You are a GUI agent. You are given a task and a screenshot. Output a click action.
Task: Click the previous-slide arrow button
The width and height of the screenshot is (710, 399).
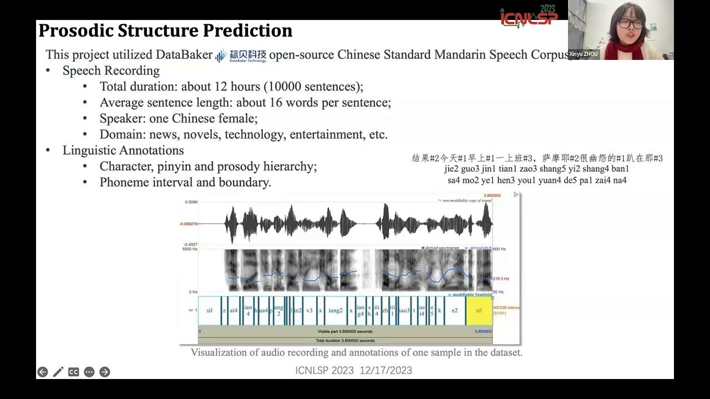(42, 372)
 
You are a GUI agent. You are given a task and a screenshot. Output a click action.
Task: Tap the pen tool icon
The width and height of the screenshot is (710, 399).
(58, 372)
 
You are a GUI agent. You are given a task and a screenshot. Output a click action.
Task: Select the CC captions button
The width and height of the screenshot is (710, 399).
(73, 372)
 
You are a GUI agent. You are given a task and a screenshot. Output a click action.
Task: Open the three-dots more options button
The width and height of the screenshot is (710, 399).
(89, 372)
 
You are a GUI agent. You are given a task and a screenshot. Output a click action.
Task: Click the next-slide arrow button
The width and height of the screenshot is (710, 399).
(104, 372)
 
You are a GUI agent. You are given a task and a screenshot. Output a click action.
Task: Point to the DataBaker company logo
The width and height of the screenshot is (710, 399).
(241, 55)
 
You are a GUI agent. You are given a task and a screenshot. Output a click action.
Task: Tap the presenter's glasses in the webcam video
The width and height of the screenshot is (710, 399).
(630, 24)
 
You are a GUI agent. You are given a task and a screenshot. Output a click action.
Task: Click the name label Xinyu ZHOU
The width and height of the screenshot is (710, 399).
(584, 54)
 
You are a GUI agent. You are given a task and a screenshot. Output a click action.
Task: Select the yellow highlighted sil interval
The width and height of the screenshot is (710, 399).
(479, 311)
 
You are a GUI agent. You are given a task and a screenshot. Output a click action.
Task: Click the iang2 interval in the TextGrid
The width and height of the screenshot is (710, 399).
(335, 311)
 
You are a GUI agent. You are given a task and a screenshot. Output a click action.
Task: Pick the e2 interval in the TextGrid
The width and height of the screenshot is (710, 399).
(454, 311)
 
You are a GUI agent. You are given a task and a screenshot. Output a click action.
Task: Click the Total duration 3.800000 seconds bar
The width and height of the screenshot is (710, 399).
(345, 340)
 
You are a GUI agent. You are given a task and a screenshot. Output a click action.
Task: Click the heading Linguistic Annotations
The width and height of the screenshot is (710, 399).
(123, 150)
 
